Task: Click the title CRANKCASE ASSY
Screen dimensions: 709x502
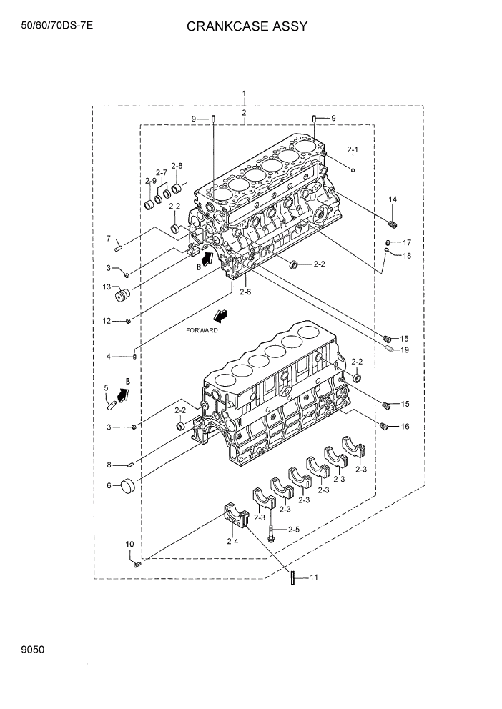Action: tap(247, 26)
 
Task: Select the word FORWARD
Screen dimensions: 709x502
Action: tap(202, 330)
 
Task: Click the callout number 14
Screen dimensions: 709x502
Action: tap(393, 199)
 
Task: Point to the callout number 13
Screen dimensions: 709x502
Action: tap(107, 288)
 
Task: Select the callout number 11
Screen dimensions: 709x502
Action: tap(313, 577)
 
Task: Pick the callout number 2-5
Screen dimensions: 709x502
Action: tap(293, 530)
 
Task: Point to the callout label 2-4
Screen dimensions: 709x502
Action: tap(232, 542)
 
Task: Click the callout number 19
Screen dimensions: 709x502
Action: tap(405, 350)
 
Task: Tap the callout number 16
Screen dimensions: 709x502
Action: tap(405, 427)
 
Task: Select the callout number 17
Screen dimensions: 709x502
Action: tap(406, 242)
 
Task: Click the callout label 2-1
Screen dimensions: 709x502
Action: tap(352, 150)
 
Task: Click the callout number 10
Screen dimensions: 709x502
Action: tap(129, 545)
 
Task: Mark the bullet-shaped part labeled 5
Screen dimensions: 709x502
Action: tap(111, 405)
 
